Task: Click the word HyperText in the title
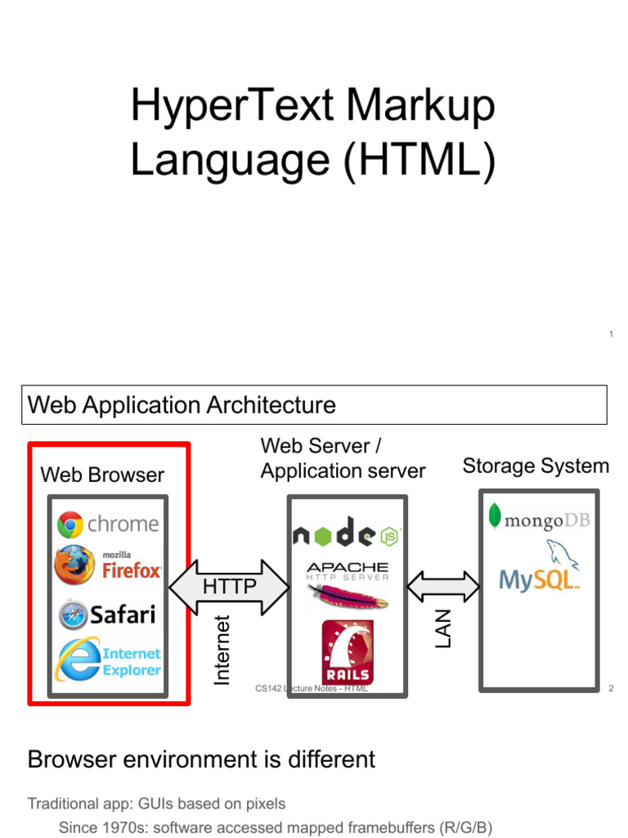(x=232, y=106)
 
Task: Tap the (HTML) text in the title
(x=419, y=160)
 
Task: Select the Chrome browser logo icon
(x=70, y=525)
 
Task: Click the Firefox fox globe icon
(x=74, y=565)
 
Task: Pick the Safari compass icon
(x=73, y=615)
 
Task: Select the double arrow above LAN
(x=443, y=587)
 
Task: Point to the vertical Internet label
(x=222, y=650)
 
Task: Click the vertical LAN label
(x=443, y=629)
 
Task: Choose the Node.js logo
(x=347, y=532)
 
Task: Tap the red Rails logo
(x=348, y=652)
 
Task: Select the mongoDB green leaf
(x=495, y=516)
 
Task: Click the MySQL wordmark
(x=539, y=580)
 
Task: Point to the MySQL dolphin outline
(x=561, y=554)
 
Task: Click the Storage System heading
(x=536, y=466)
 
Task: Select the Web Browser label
(x=102, y=475)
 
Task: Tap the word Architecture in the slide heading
(x=271, y=405)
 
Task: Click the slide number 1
(x=611, y=334)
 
